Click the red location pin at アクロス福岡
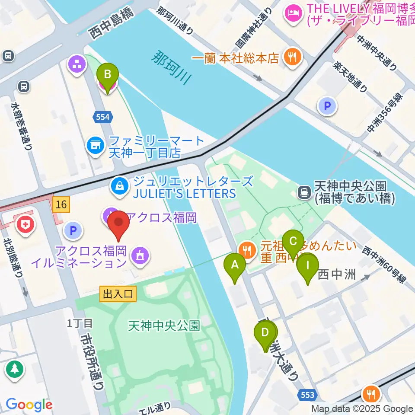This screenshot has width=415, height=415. (118, 226)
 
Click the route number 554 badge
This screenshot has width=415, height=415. (103, 116)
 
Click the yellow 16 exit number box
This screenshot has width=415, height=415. (61, 204)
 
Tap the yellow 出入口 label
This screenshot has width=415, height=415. (118, 294)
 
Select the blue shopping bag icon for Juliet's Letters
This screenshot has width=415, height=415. (118, 186)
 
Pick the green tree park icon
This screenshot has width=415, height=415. (15, 369)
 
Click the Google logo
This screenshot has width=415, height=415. (29, 405)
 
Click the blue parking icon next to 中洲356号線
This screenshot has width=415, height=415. (327, 105)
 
